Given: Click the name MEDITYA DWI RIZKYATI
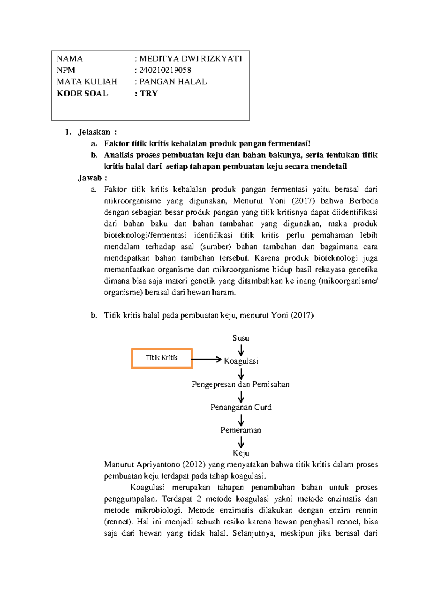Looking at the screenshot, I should (190, 58).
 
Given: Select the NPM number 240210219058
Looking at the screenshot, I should (165, 70).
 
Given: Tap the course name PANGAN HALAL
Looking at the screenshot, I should (173, 81).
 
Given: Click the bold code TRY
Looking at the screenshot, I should (149, 94).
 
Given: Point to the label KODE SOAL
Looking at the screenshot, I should (82, 94).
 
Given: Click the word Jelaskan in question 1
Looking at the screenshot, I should (94, 132).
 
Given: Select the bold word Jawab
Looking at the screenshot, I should (90, 178).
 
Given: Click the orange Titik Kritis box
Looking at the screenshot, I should (162, 358).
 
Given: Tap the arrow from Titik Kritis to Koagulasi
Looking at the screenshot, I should (206, 359).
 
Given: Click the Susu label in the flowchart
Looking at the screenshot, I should (241, 338).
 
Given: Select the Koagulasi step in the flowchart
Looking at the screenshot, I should (241, 361).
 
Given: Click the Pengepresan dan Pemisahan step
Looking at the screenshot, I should (241, 384).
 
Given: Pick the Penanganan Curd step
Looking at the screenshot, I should (241, 407).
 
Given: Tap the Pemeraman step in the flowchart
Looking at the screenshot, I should (241, 430).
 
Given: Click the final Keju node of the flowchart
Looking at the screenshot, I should (241, 453).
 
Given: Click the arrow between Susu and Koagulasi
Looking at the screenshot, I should (241, 350).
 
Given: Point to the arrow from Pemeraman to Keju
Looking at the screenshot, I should (241, 442).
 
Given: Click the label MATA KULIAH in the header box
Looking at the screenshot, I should (87, 81).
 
